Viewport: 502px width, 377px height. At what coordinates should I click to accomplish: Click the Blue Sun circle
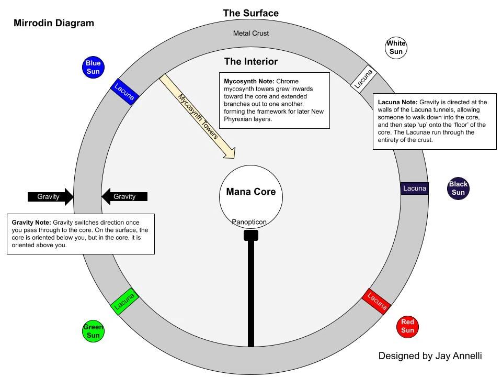pyautogui.click(x=93, y=68)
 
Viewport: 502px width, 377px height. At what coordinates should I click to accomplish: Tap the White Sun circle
pyautogui.click(x=396, y=48)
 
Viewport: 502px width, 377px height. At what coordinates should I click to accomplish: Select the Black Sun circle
pyautogui.click(x=459, y=188)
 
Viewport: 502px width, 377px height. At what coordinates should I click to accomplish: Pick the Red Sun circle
pyautogui.click(x=408, y=326)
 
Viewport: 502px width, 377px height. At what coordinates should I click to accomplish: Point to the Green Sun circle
pyautogui.click(x=93, y=331)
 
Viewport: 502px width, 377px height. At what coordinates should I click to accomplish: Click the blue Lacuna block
pyautogui.click(x=124, y=92)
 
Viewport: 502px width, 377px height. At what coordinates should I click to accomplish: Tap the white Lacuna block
pyautogui.click(x=364, y=79)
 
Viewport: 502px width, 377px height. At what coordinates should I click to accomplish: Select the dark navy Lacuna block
pyautogui.click(x=415, y=188)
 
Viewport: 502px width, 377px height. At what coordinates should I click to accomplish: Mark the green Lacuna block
pyautogui.click(x=125, y=301)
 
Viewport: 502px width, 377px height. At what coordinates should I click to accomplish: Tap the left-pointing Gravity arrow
pyautogui.click(x=124, y=196)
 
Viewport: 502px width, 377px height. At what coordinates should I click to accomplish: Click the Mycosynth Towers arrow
pyautogui.click(x=196, y=115)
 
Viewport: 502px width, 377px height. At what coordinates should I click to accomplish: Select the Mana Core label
pyautogui.click(x=250, y=191)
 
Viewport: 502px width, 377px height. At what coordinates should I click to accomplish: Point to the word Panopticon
pyautogui.click(x=249, y=222)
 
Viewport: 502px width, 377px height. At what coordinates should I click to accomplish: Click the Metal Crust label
pyautogui.click(x=251, y=34)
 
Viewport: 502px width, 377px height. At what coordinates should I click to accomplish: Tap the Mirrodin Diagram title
pyautogui.click(x=54, y=23)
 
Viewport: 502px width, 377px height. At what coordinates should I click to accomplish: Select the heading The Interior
pyautogui.click(x=251, y=61)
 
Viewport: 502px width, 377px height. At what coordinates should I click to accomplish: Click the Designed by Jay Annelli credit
pyautogui.click(x=430, y=356)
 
